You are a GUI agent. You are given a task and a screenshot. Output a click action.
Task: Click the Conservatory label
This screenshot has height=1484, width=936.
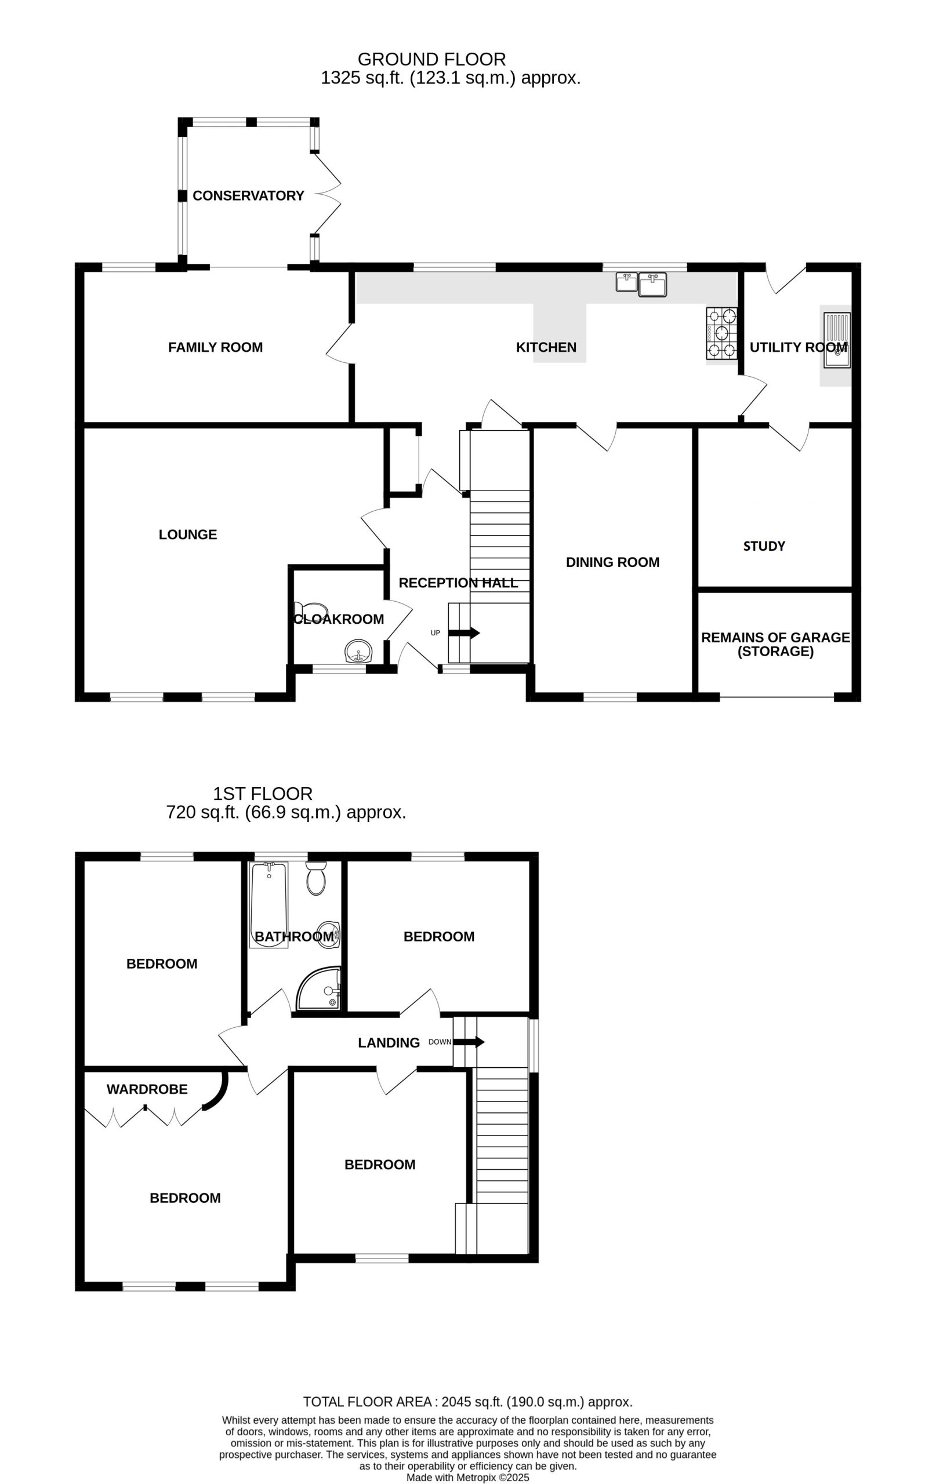(248, 195)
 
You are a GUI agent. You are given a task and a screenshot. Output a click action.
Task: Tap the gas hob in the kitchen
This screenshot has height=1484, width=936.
(721, 333)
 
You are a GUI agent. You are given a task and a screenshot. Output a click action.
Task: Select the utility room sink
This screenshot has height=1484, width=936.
(837, 340)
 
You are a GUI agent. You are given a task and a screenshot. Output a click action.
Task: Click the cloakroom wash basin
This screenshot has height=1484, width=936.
(358, 652)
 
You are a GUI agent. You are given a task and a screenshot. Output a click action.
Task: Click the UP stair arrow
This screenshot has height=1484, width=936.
(464, 633)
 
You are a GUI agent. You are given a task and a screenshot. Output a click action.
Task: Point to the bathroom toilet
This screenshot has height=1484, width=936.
(315, 878)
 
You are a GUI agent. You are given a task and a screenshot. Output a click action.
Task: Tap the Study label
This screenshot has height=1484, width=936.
(764, 546)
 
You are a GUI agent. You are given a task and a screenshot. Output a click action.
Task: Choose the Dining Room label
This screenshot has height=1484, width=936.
(612, 562)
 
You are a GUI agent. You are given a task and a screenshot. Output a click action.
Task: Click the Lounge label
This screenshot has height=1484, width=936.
(187, 534)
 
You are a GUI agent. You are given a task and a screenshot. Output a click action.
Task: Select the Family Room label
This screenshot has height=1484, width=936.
(215, 347)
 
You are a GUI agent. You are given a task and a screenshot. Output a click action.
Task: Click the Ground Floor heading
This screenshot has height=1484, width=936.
(431, 59)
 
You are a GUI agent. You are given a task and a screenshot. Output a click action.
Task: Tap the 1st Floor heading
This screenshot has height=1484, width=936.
(263, 793)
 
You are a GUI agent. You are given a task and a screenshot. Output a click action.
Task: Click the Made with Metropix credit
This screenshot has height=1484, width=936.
(468, 1478)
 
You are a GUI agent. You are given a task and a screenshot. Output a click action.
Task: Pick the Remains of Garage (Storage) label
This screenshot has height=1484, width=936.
(776, 644)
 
